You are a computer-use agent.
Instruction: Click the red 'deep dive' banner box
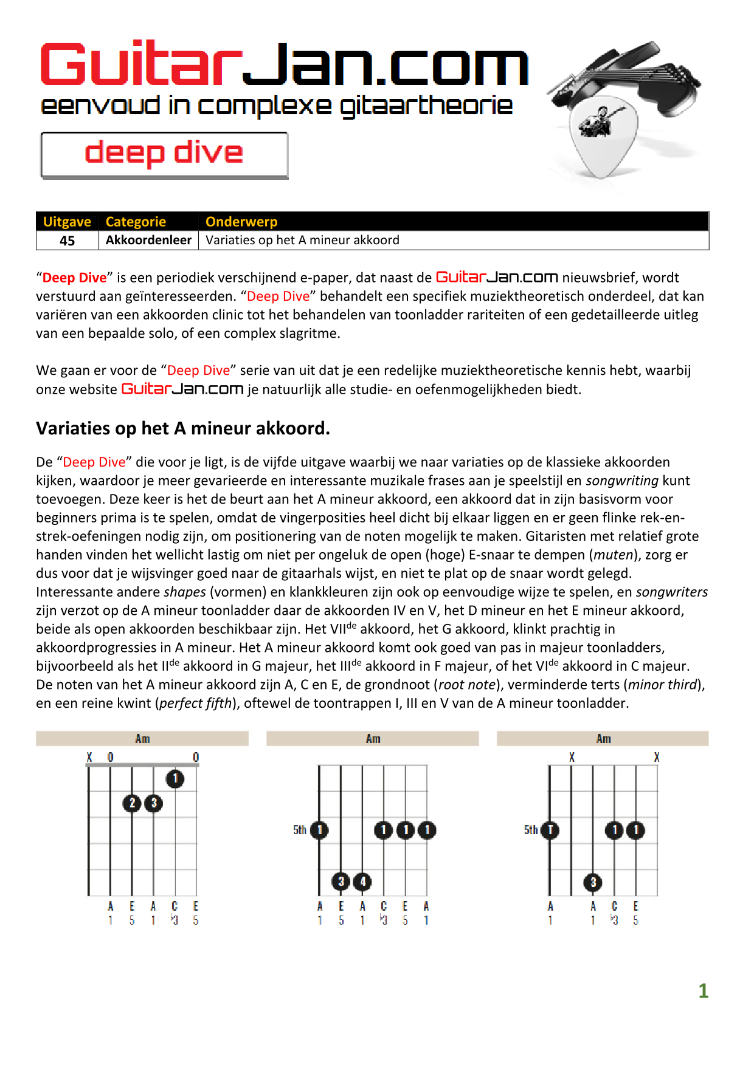coord(164,154)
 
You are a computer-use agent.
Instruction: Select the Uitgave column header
coord(67,222)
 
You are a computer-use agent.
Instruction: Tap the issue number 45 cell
coord(67,241)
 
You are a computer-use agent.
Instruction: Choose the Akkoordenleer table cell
coord(148,241)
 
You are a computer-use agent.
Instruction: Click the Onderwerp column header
coord(241,222)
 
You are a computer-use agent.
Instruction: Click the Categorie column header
coord(136,222)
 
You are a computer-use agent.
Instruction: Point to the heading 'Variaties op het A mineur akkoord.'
coord(183,428)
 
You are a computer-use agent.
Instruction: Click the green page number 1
coord(704,991)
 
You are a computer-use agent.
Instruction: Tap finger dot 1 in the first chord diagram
coord(175,778)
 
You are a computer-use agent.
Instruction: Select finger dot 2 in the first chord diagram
coord(132,803)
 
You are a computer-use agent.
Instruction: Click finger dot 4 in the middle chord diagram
coord(362,881)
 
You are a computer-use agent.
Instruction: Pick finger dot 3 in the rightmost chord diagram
coord(593,882)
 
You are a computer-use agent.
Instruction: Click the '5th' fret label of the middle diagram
coord(300,830)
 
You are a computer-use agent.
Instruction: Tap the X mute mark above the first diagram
coord(89,757)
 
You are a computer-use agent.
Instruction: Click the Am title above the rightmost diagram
coord(603,739)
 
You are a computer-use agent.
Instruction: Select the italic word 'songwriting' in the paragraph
coord(622,481)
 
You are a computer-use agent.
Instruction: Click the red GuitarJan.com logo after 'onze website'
coord(182,389)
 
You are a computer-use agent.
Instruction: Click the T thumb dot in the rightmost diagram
coord(550,830)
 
